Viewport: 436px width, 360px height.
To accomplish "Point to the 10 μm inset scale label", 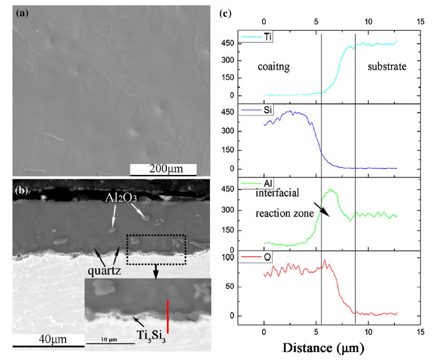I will pyautogui.click(x=108, y=338).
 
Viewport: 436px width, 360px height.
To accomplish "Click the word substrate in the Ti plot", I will pyautogui.click(x=387, y=67).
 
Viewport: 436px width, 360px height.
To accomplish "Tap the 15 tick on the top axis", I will pyautogui.click(x=420, y=21).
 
